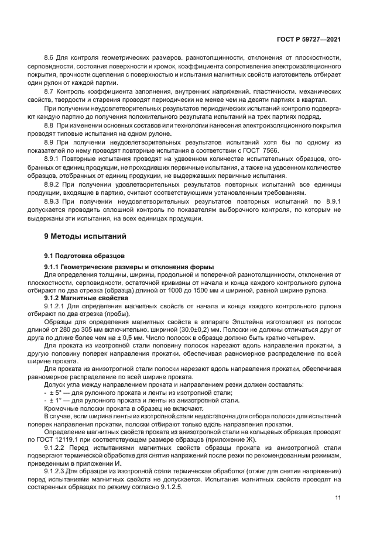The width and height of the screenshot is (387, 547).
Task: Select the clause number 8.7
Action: [x=50, y=92]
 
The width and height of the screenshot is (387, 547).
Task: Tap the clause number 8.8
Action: [x=50, y=125]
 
